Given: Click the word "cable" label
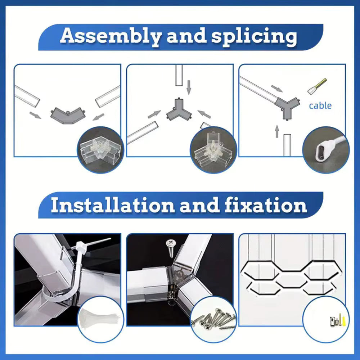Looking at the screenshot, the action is [320, 106].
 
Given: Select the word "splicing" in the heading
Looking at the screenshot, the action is [254, 37].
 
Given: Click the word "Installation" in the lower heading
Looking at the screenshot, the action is [113, 205].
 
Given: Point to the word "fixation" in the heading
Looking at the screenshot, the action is [266, 205].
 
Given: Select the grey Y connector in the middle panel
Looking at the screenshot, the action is [179, 110].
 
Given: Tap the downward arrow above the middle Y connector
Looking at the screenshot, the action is [189, 87].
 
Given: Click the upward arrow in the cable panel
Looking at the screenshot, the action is [277, 131].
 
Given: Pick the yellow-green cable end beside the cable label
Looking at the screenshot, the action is [317, 86].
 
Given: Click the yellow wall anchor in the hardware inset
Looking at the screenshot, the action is [344, 321].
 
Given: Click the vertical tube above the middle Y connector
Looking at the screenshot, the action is [179, 75].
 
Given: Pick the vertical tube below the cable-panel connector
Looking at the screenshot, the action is [287, 145].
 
